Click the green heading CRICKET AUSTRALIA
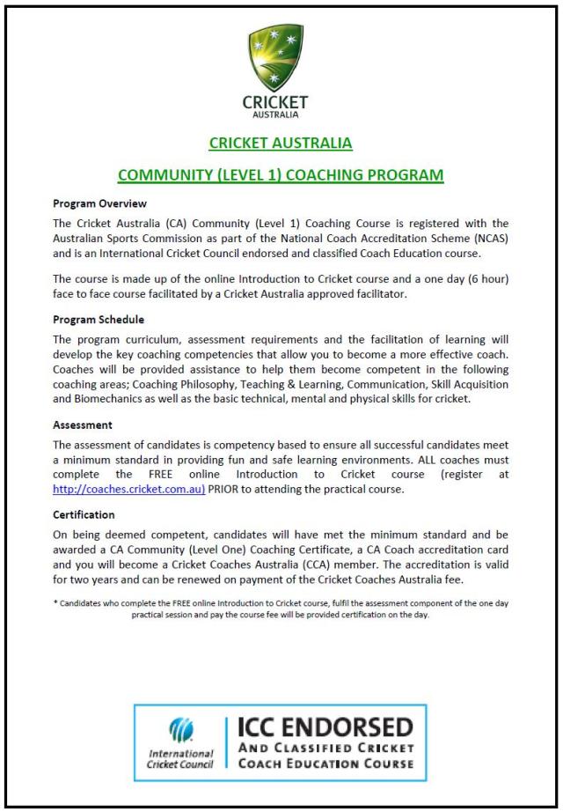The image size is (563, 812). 281,143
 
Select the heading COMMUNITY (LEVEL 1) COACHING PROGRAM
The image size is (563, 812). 281,174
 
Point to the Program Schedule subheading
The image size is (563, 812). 99,319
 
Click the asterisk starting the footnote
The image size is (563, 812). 55,601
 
